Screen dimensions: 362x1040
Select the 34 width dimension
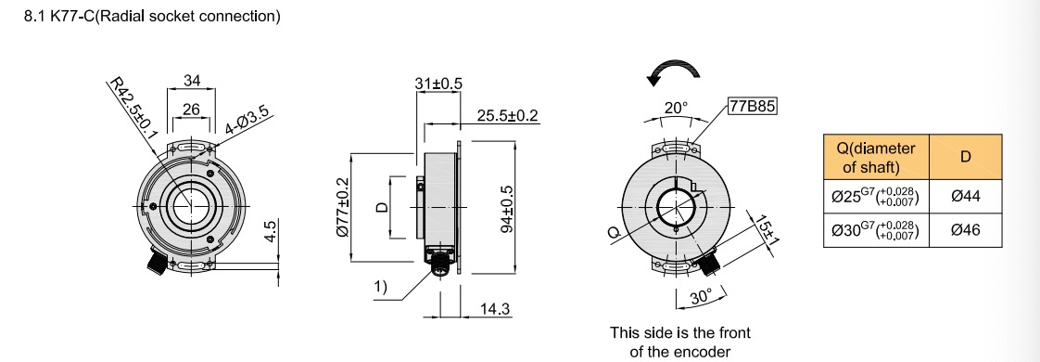click(x=192, y=81)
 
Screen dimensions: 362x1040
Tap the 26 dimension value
click(x=191, y=110)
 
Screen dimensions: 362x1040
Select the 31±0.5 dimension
click(x=439, y=84)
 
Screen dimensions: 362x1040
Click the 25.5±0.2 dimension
click(x=507, y=115)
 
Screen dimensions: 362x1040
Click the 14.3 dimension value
click(x=490, y=309)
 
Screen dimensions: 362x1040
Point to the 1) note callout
click(x=381, y=287)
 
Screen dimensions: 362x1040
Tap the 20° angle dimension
click(x=677, y=108)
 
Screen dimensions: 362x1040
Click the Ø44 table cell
click(x=965, y=197)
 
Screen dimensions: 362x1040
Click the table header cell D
click(x=965, y=157)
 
